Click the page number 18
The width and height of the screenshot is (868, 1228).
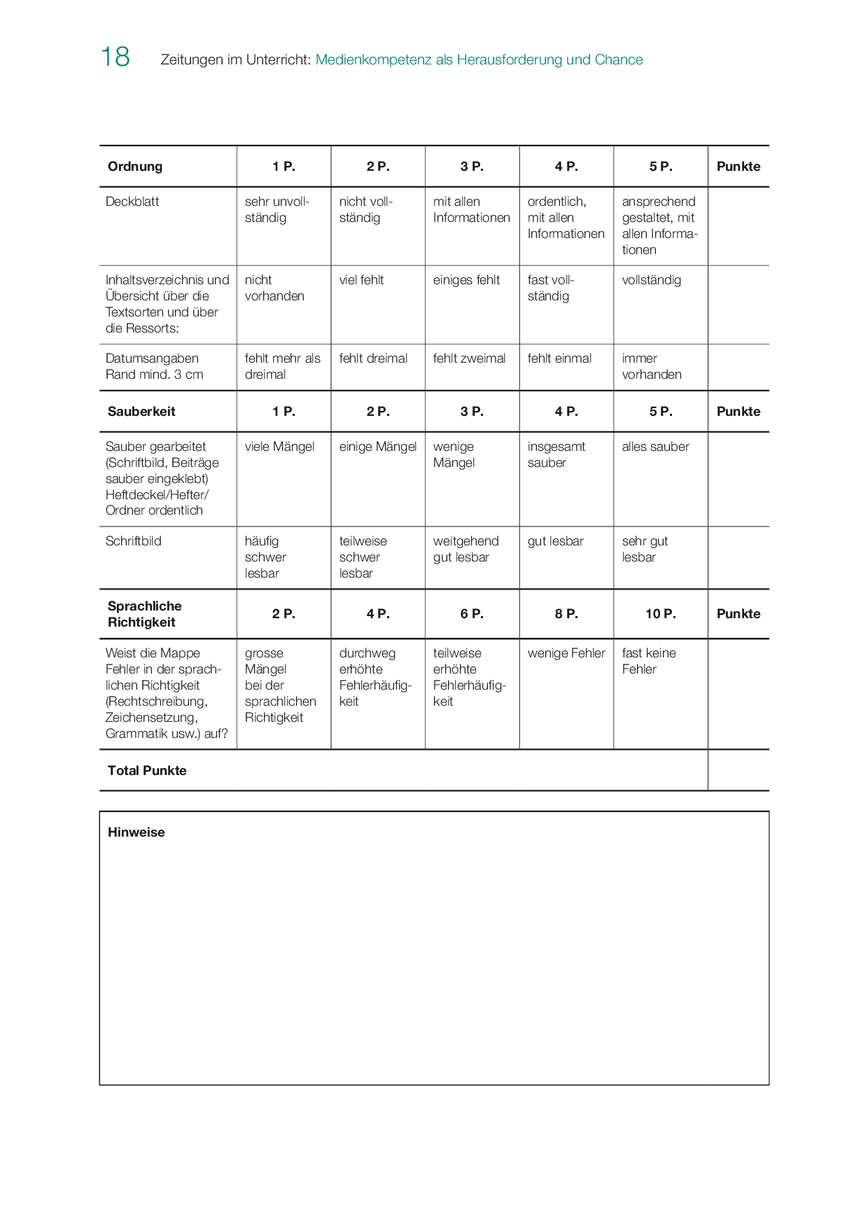115,57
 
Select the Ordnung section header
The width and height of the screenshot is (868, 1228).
135,167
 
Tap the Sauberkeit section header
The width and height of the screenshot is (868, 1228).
141,412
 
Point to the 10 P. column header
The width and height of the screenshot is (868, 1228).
660,614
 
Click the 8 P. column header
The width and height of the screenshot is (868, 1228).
566,614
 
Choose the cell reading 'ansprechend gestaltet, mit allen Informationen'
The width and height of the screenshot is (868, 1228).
659,225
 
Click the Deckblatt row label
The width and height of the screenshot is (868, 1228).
132,202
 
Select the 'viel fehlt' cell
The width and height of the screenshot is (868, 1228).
361,280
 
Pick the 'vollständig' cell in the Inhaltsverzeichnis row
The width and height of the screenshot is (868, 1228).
651,280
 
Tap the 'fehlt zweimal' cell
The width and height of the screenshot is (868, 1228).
469,358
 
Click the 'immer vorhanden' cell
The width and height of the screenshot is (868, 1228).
651,366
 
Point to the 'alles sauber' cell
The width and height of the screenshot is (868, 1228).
655,447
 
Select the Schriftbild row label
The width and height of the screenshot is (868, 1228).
133,541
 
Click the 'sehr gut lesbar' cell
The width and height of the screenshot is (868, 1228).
644,550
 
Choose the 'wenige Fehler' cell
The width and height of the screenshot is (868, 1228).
566,653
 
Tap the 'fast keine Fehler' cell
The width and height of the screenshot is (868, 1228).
648,661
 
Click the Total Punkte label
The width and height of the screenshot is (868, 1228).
147,771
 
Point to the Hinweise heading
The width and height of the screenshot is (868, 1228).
136,832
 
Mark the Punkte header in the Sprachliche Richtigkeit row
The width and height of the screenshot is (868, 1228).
738,614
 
